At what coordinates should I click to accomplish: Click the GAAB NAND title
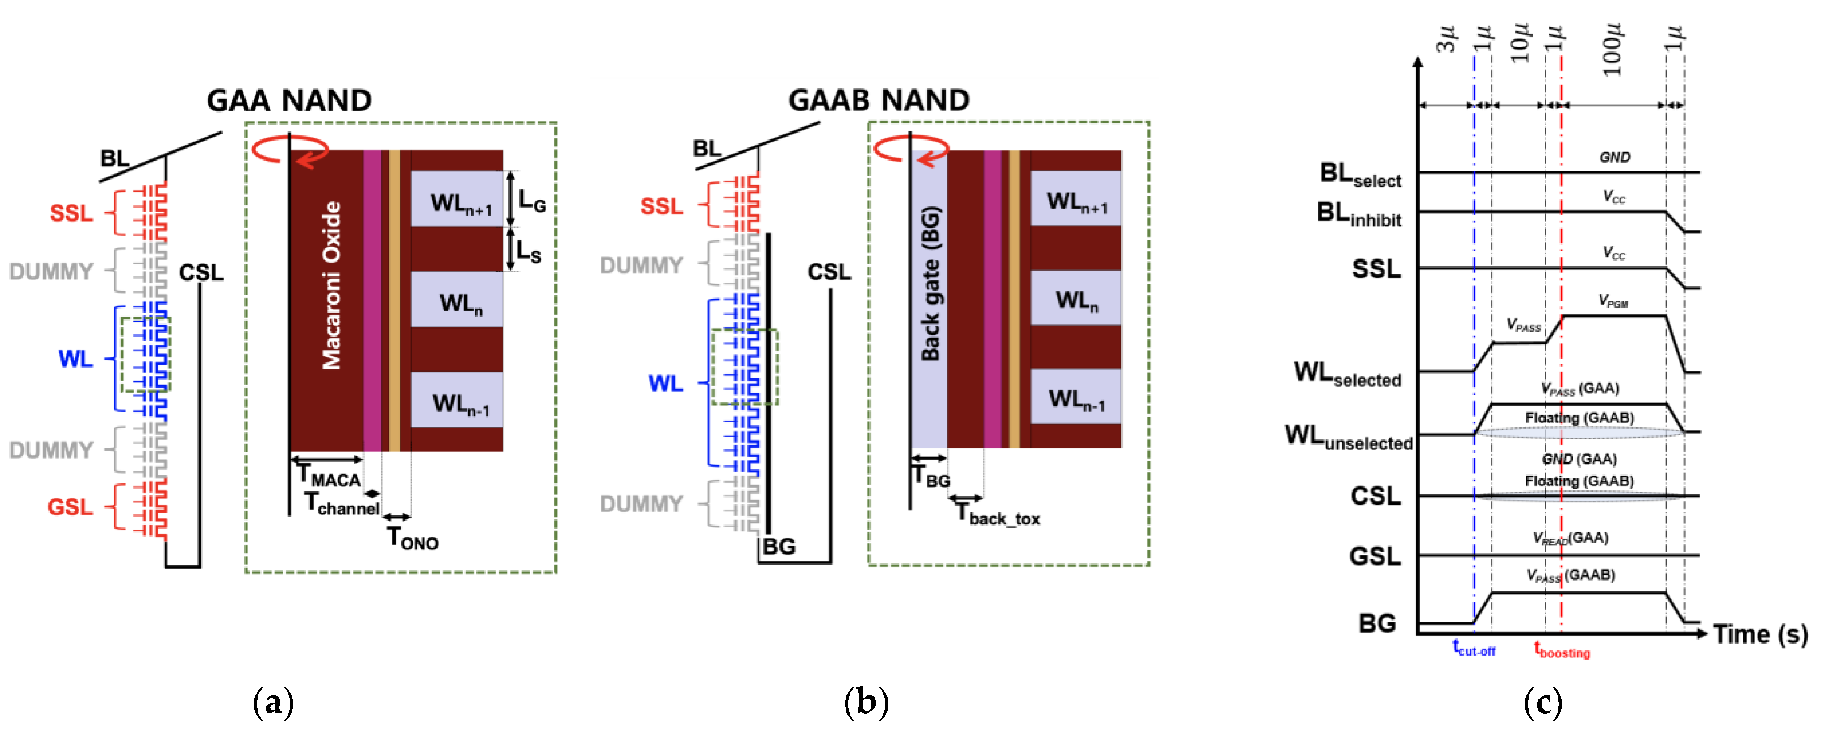coord(878,100)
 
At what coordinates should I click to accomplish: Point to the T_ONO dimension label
coord(412,539)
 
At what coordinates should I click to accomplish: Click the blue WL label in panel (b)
coord(665,383)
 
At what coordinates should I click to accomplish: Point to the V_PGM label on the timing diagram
coord(1613,302)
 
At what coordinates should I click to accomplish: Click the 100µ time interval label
coord(1612,50)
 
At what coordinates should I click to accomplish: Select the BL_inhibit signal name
coord(1358,213)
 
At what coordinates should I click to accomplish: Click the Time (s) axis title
coord(1759,634)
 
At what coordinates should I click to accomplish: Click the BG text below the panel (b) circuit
coord(778,547)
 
